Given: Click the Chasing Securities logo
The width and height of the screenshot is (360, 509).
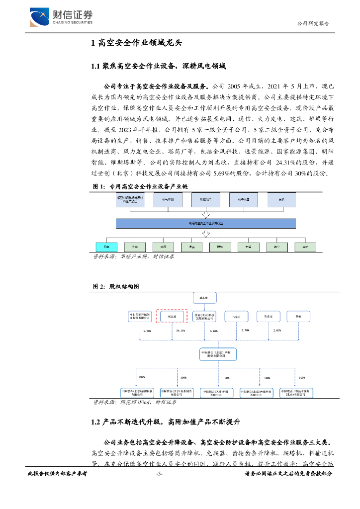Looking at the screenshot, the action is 61,17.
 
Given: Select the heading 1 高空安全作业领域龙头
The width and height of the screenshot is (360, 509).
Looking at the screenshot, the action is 137,43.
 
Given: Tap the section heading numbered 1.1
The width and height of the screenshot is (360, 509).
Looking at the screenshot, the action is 158,66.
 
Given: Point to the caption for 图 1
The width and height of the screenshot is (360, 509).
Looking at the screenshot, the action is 141,187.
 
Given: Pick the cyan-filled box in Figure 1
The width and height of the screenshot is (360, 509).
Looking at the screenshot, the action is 106,247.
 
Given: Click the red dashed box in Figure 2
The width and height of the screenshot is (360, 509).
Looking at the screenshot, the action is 172,316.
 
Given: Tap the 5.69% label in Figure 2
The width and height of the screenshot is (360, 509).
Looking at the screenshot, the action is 214,331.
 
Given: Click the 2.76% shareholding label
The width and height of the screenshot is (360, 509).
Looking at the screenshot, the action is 245,331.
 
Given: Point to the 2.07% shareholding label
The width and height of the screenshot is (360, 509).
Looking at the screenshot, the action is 277,331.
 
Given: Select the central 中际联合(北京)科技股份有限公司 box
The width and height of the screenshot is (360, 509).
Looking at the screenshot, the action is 216,353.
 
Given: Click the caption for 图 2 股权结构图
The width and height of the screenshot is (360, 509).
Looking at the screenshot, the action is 116,287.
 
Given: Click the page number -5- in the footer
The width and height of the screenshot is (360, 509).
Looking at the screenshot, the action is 159,474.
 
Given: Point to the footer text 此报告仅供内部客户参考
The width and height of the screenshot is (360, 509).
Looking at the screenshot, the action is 57,474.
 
